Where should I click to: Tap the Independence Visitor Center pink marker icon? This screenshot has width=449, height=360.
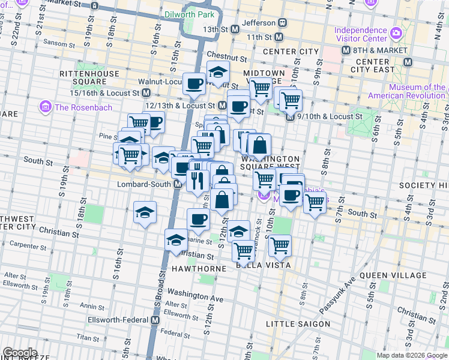pyautogui.click(x=396, y=32)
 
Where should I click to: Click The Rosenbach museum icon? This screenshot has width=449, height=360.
pyautogui.click(x=46, y=107)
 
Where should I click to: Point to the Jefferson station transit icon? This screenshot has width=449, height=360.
pyautogui.click(x=282, y=23)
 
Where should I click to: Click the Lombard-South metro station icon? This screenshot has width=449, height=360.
pyautogui.click(x=178, y=184)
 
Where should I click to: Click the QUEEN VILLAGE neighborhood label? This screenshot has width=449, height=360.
pyautogui.click(x=393, y=276)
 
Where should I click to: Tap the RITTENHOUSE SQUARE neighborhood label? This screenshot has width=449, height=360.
pyautogui.click(x=83, y=78)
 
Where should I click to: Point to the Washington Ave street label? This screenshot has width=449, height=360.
pyautogui.click(x=195, y=295)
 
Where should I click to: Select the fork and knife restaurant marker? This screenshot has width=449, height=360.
pyautogui.click(x=197, y=178)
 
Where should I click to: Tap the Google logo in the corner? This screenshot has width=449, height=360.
pyautogui.click(x=20, y=353)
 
